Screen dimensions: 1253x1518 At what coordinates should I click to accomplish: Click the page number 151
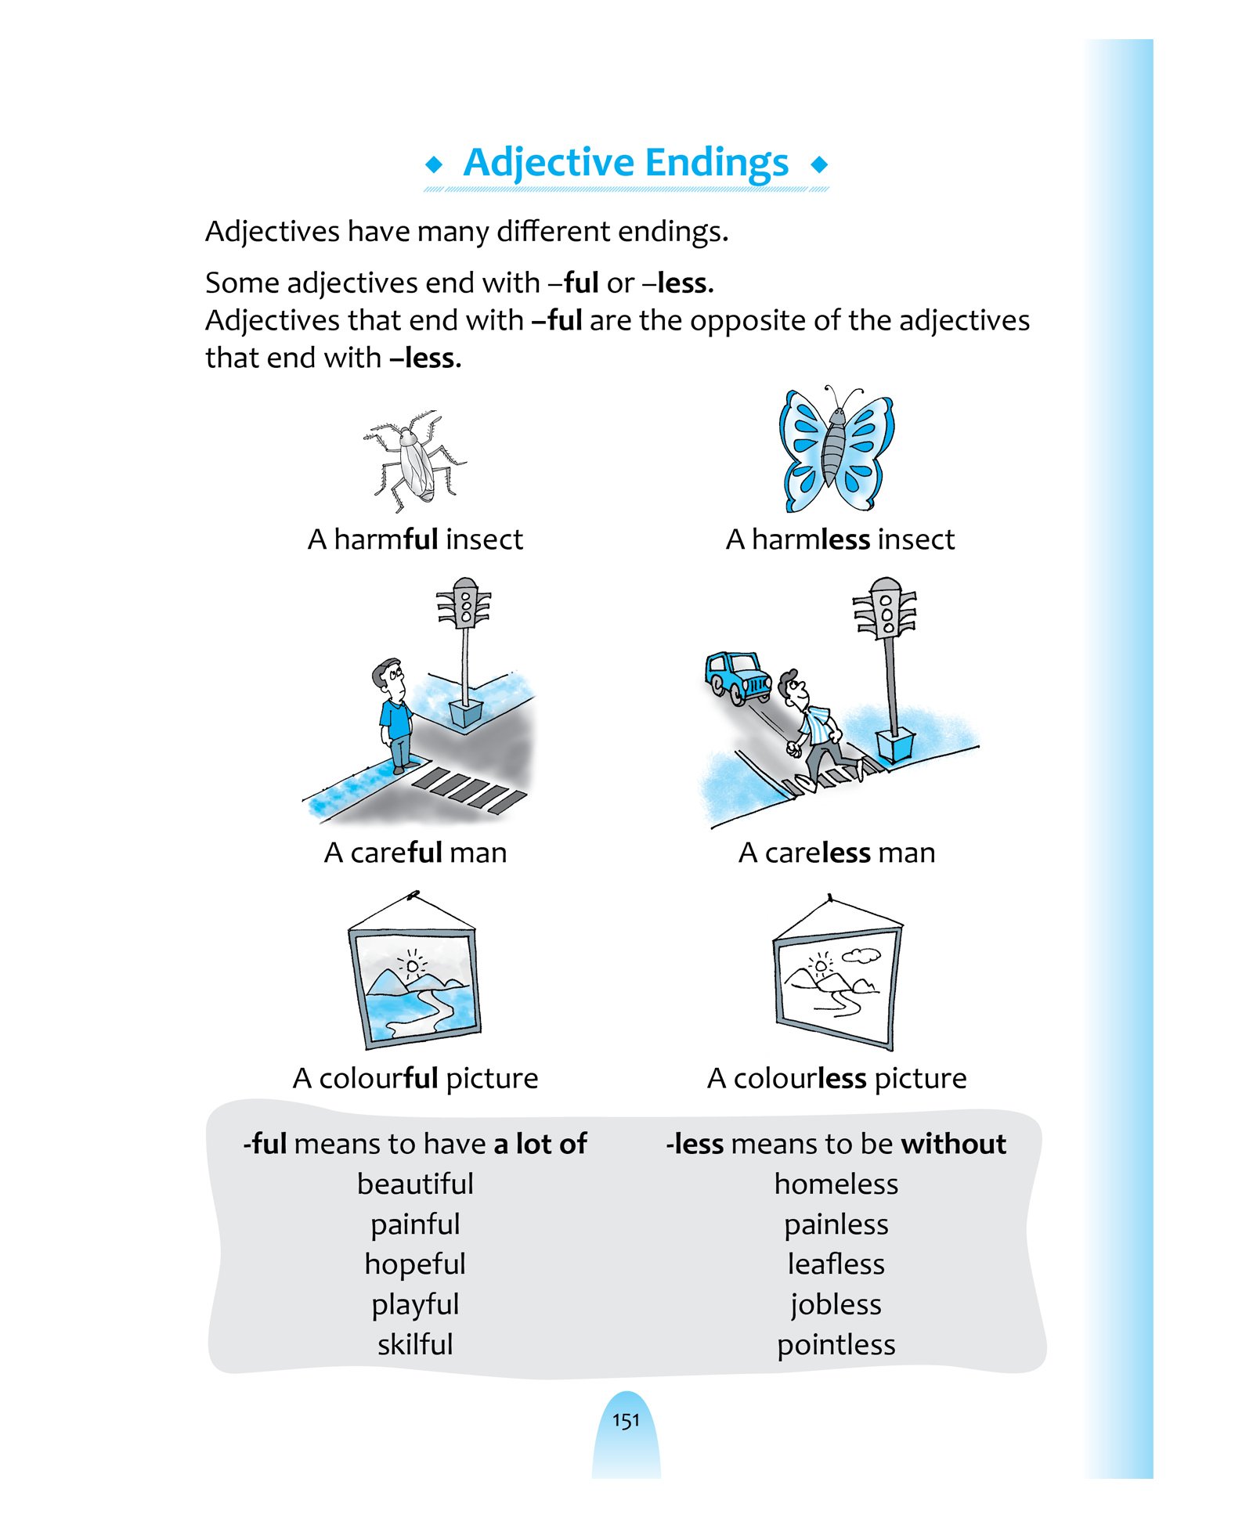point(626,1420)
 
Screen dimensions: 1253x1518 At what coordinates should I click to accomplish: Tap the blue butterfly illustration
point(836,449)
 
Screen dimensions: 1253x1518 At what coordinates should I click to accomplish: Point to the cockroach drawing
point(414,460)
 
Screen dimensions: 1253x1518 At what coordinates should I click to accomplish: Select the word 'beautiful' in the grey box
point(415,1184)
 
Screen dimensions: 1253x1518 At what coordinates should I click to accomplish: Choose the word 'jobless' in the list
point(836,1305)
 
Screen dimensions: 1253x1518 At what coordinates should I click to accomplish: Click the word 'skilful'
point(415,1344)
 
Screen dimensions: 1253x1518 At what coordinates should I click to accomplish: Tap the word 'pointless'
point(836,1345)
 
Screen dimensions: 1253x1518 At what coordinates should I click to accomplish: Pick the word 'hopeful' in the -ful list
point(415,1264)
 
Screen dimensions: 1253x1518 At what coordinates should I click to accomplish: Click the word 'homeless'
point(836,1184)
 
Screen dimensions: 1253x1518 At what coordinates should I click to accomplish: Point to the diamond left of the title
point(433,164)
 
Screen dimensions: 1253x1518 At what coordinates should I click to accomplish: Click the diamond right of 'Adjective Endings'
point(819,164)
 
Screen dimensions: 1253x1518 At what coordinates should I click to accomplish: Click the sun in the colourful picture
point(412,966)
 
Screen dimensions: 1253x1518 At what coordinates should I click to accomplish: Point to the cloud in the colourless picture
point(861,955)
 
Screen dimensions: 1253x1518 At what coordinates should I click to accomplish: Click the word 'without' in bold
point(953,1144)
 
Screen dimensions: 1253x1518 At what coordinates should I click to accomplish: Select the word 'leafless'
point(836,1264)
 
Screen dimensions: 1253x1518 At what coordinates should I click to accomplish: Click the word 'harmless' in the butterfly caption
point(811,539)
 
